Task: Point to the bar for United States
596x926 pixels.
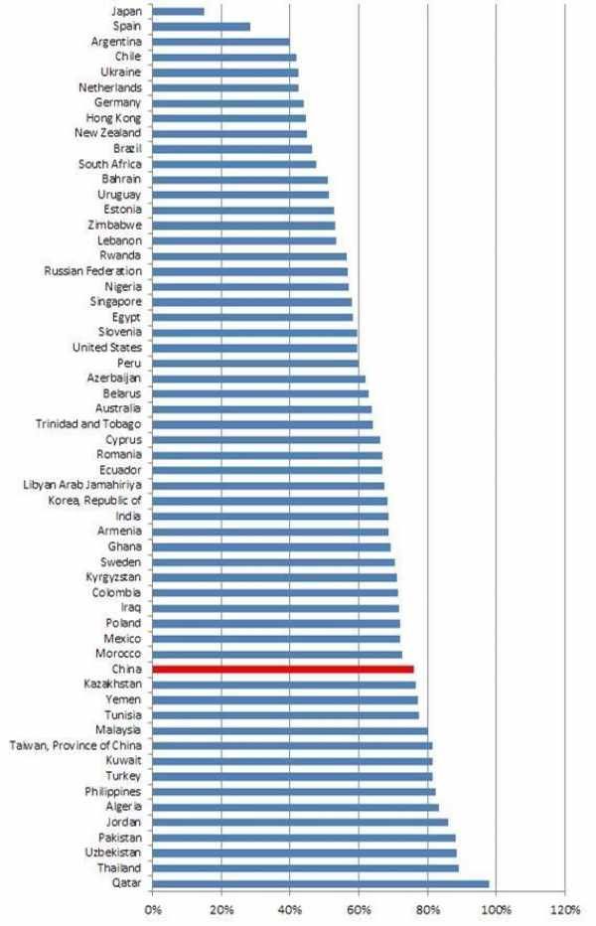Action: click(x=255, y=348)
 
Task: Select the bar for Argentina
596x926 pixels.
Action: click(x=222, y=42)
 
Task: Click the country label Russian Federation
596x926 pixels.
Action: click(x=92, y=270)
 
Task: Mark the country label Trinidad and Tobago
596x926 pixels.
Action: click(x=86, y=424)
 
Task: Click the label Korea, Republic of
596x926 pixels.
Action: click(x=95, y=501)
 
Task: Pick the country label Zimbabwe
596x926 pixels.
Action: click(x=115, y=225)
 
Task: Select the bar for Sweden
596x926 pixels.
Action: click(x=274, y=561)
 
